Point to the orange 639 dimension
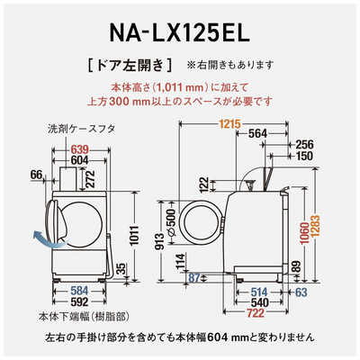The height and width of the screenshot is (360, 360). coord(82,148)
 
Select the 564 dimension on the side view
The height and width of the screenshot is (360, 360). coord(255,134)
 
